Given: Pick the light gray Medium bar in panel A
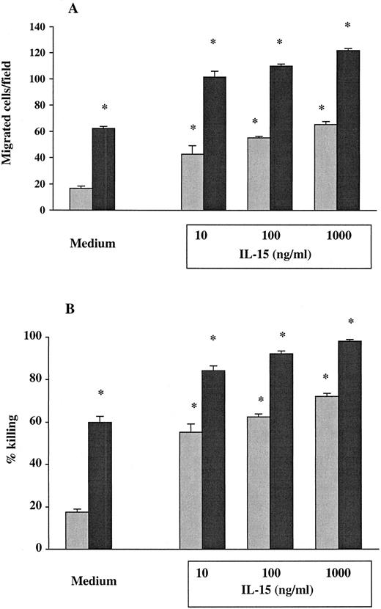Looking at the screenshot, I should pos(80,199).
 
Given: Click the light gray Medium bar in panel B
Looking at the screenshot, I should pos(77,530).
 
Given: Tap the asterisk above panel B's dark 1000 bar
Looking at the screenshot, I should pos(350,321).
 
